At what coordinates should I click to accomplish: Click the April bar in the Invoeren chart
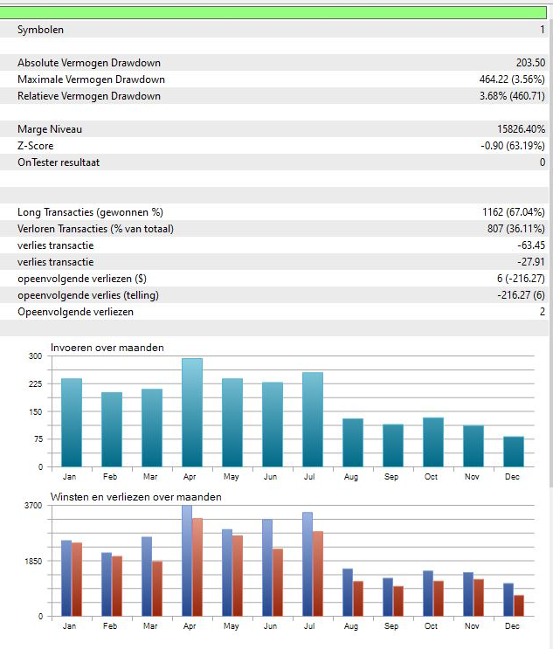(x=192, y=412)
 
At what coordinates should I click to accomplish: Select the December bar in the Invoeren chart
(x=514, y=452)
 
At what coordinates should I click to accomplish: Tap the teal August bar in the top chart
(x=353, y=443)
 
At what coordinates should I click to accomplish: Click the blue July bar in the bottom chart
(x=308, y=564)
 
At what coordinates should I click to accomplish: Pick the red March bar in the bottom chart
(x=156, y=589)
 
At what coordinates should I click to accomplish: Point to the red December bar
(x=519, y=605)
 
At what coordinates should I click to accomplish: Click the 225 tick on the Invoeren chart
(x=35, y=383)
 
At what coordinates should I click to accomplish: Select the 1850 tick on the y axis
(x=32, y=561)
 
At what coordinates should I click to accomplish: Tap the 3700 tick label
(x=32, y=506)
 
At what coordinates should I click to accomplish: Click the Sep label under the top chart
(x=392, y=477)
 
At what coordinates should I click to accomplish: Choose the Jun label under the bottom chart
(x=271, y=626)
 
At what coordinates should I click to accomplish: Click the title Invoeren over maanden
(x=107, y=348)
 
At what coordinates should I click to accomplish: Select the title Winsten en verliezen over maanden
(x=135, y=497)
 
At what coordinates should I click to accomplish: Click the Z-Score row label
(x=35, y=146)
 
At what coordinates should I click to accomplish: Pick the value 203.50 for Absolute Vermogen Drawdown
(x=530, y=63)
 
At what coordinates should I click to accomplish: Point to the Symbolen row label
(x=40, y=30)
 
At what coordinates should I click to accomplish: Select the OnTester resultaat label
(x=61, y=162)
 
